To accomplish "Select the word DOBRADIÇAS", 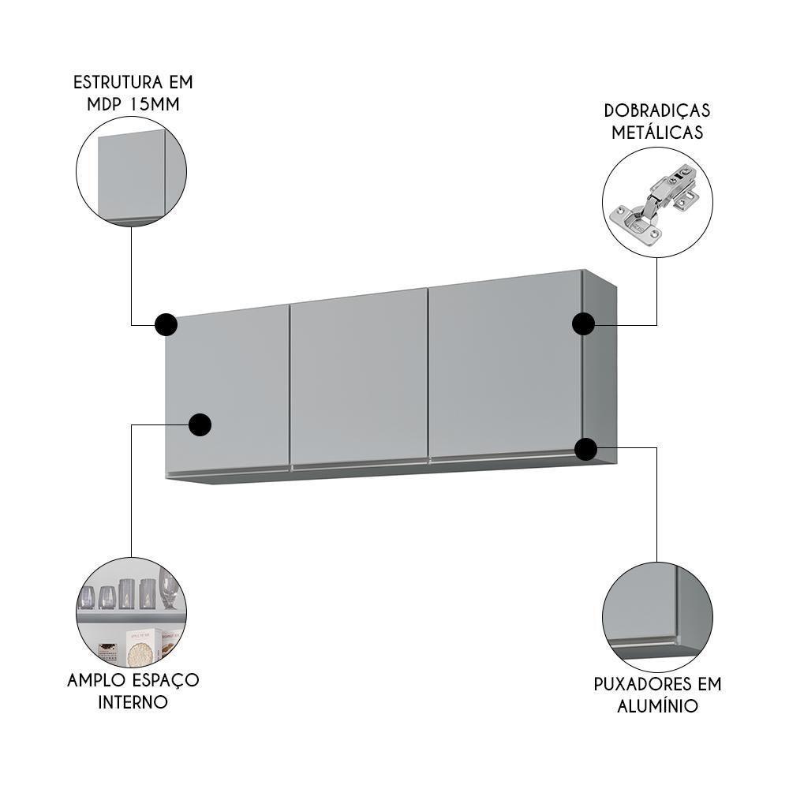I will (x=657, y=110).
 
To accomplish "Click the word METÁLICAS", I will (x=657, y=133).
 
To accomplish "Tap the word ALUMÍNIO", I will (x=658, y=705).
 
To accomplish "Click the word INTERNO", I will (x=133, y=701).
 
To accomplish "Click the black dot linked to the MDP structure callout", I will (x=166, y=323).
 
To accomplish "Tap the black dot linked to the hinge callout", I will (x=583, y=323).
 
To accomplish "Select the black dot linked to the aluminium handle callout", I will (x=585, y=449).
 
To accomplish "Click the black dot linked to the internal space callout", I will (x=200, y=424).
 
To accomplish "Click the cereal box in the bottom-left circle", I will (x=139, y=643).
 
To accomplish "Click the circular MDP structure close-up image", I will (x=131, y=172).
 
